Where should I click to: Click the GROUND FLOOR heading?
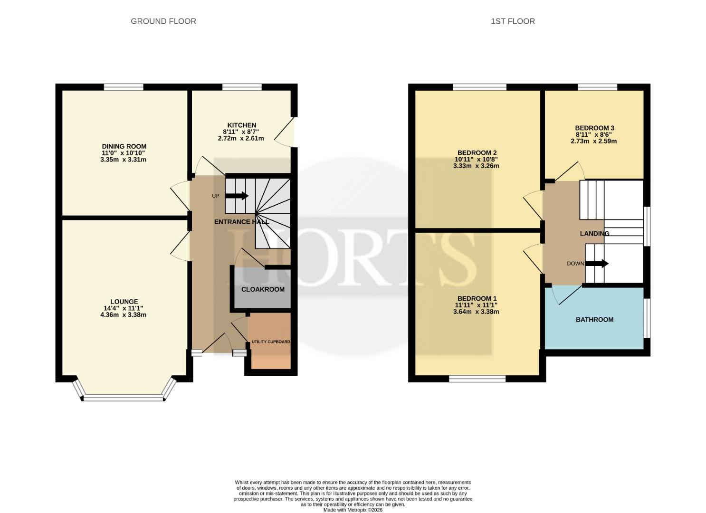(x=163, y=21)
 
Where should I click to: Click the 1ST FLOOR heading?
(x=513, y=21)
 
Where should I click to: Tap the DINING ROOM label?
(x=124, y=146)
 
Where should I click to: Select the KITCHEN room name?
(x=242, y=125)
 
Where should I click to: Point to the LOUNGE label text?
(x=124, y=302)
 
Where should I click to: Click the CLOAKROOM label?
(x=263, y=289)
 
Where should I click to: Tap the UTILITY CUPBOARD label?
(x=271, y=342)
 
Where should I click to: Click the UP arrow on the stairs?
(x=237, y=196)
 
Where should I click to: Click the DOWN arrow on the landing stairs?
(x=597, y=264)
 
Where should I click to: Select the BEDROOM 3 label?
(x=594, y=128)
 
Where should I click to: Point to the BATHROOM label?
(x=594, y=320)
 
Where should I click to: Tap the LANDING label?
(x=594, y=234)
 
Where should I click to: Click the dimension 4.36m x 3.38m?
(x=123, y=315)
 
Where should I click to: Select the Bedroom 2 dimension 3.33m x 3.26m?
(x=476, y=166)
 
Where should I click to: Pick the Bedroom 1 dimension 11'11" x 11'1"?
(x=476, y=305)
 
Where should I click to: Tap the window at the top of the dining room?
(x=124, y=87)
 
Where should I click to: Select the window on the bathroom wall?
(x=647, y=318)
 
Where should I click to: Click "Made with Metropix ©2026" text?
(x=353, y=510)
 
